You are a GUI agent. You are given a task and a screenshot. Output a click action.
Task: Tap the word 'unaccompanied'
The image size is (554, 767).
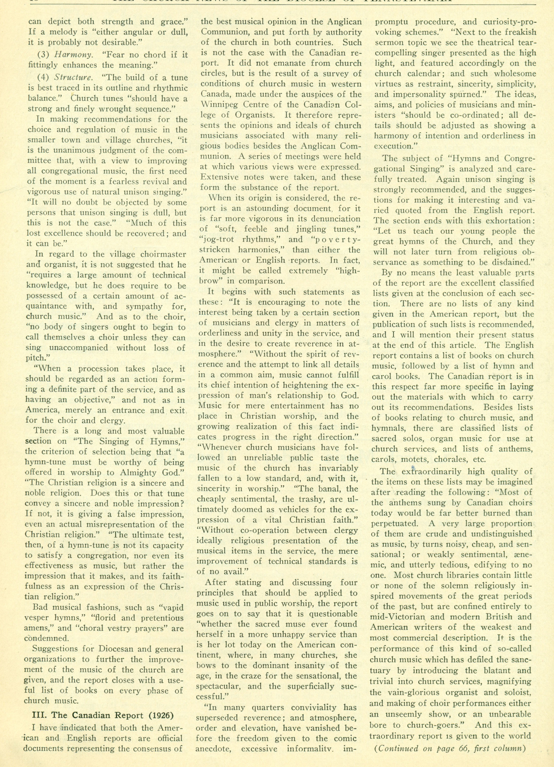click(79, 348)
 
